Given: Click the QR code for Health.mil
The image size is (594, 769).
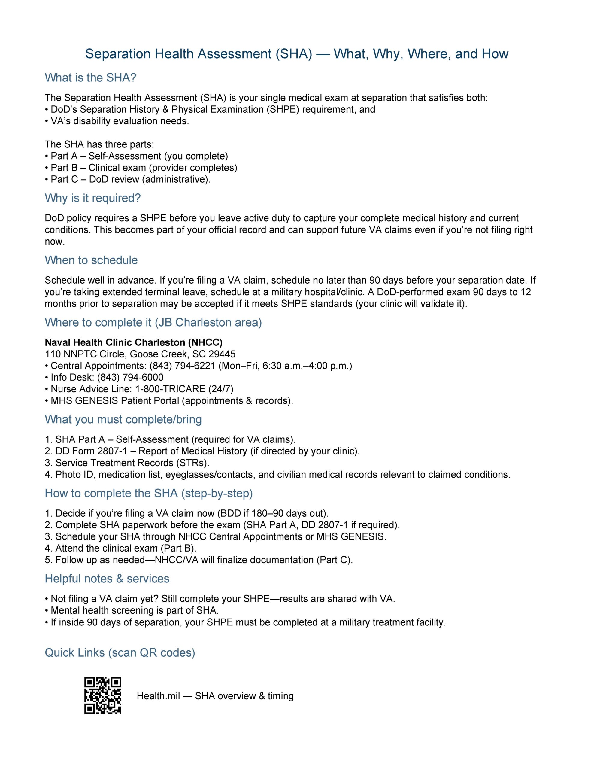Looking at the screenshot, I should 103,695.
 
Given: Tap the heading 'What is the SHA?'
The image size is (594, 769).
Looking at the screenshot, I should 90,78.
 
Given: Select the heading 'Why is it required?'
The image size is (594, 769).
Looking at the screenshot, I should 92,198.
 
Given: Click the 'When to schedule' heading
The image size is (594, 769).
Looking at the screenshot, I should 91,260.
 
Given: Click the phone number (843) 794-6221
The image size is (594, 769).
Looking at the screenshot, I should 182,366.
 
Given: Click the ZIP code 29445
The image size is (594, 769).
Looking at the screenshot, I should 222,354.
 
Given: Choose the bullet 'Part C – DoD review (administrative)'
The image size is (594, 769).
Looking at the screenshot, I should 130,179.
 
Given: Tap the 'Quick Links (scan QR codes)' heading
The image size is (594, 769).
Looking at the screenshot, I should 120,652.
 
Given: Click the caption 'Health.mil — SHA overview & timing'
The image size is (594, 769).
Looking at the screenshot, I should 215,696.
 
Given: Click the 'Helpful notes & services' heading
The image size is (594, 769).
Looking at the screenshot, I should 107,579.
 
